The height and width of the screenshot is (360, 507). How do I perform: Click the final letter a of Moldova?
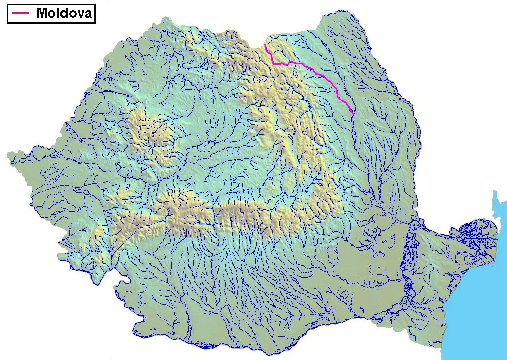click(x=87, y=14)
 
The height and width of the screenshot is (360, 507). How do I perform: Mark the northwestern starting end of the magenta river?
click(x=265, y=45)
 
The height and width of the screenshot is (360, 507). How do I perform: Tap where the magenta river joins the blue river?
click(x=352, y=112)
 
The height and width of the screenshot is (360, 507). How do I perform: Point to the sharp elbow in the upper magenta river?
click(x=273, y=62)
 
